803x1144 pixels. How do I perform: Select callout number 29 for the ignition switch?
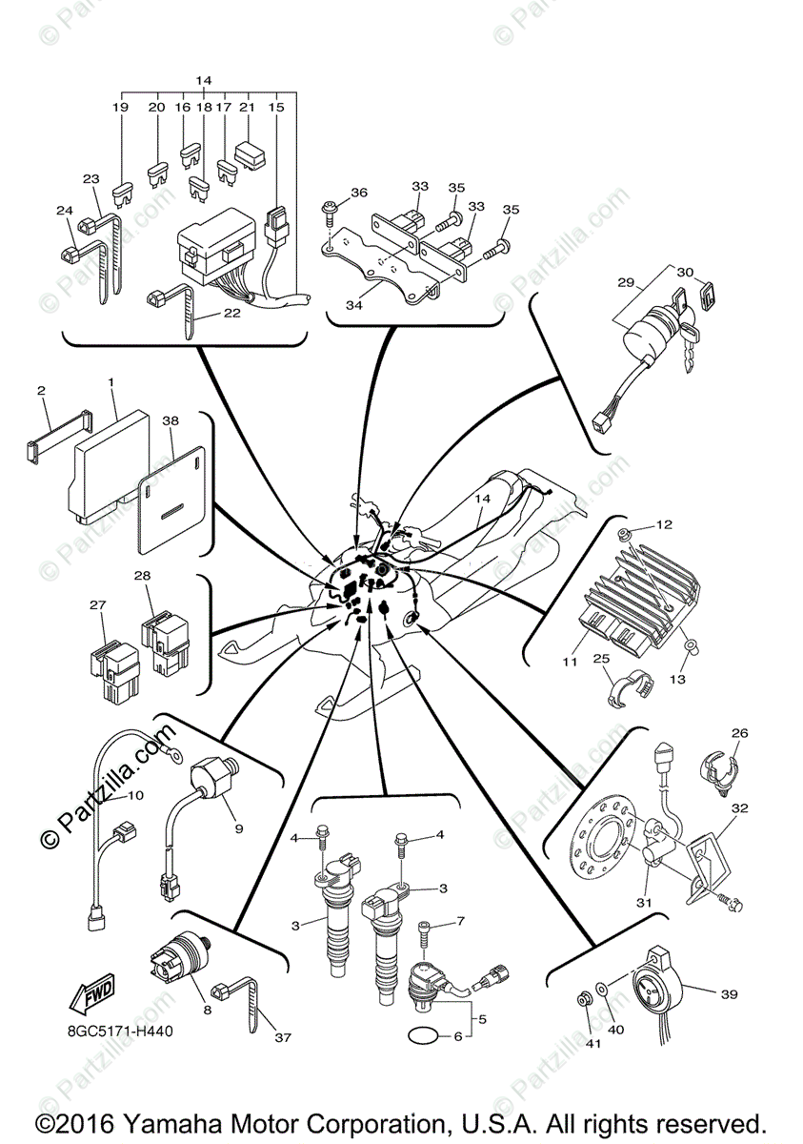click(x=625, y=283)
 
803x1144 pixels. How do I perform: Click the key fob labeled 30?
click(x=708, y=295)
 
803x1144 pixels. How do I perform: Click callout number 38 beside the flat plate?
click(x=171, y=419)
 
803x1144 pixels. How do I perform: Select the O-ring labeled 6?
click(x=422, y=1034)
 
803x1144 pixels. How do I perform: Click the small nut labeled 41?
click(x=585, y=999)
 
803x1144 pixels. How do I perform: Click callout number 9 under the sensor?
click(x=238, y=828)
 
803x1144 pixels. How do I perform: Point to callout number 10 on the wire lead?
click(x=135, y=794)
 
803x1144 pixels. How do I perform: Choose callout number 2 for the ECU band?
click(x=41, y=390)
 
